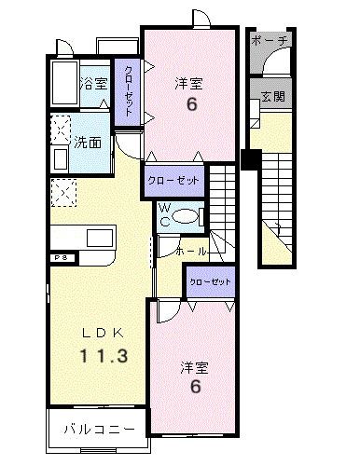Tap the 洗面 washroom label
click(89, 144)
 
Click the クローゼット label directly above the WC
click(173, 181)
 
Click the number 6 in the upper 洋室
click(191, 104)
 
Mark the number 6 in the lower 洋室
click(197, 385)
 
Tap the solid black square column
click(249, 158)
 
